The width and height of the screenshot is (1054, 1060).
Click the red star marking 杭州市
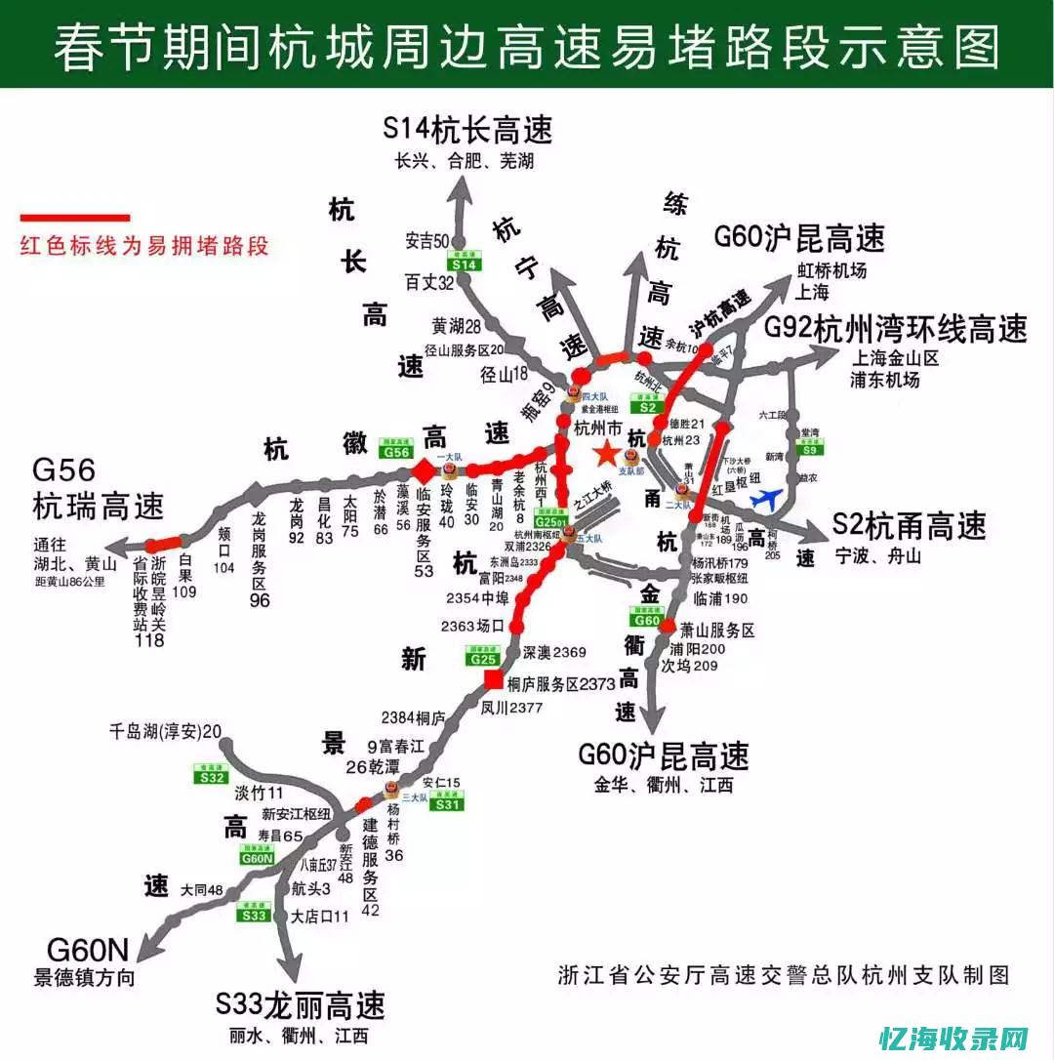[x=604, y=453]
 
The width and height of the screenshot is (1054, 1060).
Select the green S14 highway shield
[x=466, y=263]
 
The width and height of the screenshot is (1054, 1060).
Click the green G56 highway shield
[x=395, y=450]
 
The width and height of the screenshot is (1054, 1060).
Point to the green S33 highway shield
[x=254, y=915]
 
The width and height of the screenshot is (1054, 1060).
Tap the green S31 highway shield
[x=447, y=803]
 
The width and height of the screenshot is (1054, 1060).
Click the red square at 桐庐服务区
[x=495, y=680]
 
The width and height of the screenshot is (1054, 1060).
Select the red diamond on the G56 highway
[x=424, y=471]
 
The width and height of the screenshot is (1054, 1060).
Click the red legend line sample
[x=75, y=217]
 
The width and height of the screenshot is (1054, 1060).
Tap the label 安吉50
[x=426, y=240]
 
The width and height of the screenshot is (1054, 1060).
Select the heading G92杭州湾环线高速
[x=895, y=329]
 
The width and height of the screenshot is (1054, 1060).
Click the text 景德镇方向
[x=85, y=977]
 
